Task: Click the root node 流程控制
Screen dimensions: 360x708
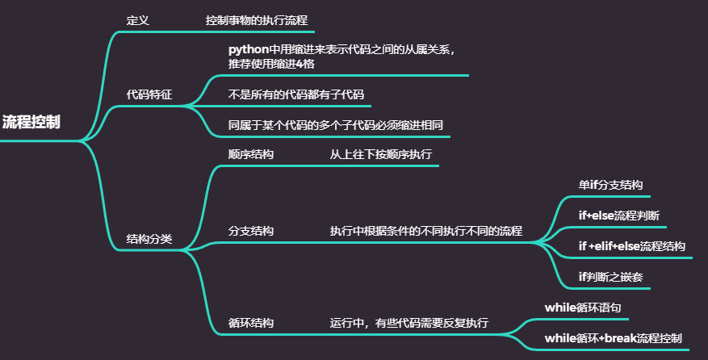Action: coord(31,123)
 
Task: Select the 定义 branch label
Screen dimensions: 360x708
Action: coord(138,19)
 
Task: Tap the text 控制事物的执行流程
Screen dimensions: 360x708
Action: coord(257,19)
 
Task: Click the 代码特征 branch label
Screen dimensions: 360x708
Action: coord(149,94)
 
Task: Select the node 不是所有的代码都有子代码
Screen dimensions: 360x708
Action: coord(296,94)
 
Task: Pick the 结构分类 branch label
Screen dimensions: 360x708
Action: coord(149,239)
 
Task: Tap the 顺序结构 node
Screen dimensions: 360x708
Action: coord(251,153)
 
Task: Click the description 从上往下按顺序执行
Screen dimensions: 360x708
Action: coord(380,153)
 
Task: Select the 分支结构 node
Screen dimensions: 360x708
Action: coord(251,231)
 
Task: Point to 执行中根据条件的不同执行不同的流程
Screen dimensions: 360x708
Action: coord(425,231)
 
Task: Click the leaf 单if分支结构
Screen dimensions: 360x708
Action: coord(610,184)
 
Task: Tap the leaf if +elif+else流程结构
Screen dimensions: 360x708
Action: coord(632,246)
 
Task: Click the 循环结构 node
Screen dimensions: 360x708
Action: coord(251,323)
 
